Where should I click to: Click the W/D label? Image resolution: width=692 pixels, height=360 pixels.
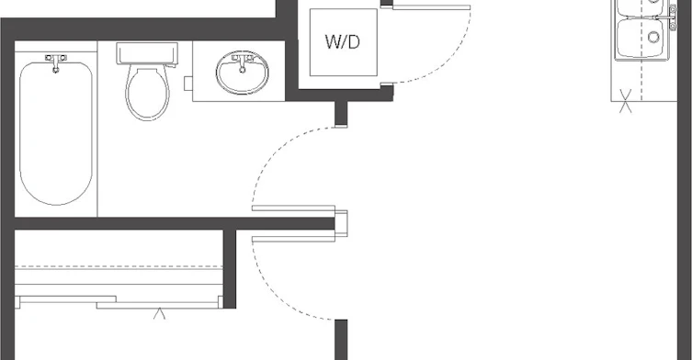[x=343, y=42]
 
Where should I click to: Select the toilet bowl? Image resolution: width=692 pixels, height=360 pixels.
[x=147, y=93]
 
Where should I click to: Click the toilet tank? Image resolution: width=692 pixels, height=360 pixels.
[x=147, y=54]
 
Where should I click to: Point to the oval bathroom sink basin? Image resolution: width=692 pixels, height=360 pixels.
[x=243, y=72]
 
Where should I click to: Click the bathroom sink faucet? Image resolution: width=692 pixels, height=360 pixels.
[x=243, y=62]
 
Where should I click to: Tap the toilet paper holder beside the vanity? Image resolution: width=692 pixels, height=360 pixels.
[x=188, y=84]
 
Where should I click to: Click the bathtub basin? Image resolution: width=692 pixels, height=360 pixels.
[x=56, y=133]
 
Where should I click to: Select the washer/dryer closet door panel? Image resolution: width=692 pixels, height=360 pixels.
[x=431, y=7]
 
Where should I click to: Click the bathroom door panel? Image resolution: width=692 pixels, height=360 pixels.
[x=293, y=208]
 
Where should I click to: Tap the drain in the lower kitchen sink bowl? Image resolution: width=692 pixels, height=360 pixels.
[x=653, y=37]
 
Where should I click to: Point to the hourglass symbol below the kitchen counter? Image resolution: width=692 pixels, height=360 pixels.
[x=625, y=101]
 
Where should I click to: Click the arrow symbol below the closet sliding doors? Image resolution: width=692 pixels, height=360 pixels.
[x=159, y=314]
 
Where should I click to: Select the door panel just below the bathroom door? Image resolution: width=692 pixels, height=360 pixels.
[x=293, y=239]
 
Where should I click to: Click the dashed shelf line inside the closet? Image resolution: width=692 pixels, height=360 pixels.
[x=119, y=266]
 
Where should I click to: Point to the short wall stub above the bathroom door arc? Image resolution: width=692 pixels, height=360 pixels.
[x=341, y=114]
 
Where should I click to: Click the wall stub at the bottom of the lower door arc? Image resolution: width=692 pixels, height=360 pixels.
[x=341, y=340]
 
